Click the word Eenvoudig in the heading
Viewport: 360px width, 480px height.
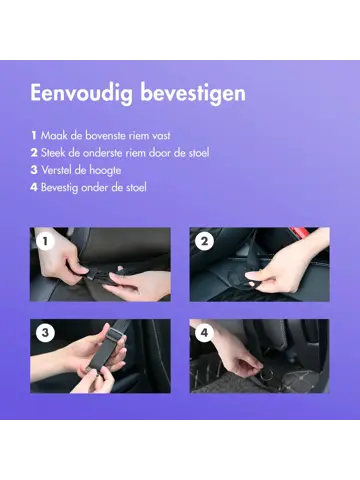[82, 93]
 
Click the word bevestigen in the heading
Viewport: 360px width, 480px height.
[193, 92]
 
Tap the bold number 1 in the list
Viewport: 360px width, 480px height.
[34, 135]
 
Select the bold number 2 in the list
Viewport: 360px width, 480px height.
[34, 153]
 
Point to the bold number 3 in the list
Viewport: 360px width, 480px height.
[34, 170]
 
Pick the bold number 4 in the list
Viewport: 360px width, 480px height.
[34, 187]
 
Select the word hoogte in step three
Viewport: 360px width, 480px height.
[105, 171]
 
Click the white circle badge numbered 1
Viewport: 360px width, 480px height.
[45, 241]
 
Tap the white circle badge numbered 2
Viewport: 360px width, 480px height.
[205, 241]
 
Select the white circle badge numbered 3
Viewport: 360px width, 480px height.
[45, 333]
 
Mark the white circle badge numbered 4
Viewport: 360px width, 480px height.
[205, 333]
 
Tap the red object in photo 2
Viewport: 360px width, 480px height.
[300, 231]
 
